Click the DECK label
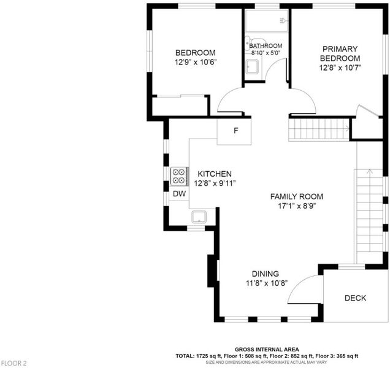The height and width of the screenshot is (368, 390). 355,298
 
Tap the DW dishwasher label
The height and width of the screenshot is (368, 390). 179,194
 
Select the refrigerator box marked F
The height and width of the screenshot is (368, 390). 234,131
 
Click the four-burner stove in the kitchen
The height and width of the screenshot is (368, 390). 179,176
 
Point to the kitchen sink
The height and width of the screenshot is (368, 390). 199,217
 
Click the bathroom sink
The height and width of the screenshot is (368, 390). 252,67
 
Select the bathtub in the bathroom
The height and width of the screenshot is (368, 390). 266,21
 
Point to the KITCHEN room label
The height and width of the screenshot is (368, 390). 215,174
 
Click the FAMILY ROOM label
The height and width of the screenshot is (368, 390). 297,196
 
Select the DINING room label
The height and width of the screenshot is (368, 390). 266,274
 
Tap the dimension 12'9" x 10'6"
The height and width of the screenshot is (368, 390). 196,62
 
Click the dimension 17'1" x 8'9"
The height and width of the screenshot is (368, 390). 297,206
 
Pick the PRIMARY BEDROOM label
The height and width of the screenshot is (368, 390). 340,53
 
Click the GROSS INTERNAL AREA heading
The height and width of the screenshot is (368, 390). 267,350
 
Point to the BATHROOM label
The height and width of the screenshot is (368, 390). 266,46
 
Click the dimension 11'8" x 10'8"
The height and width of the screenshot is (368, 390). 267,283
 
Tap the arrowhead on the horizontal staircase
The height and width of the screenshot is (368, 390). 348,129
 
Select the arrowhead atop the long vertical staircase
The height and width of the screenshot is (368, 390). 370,171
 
